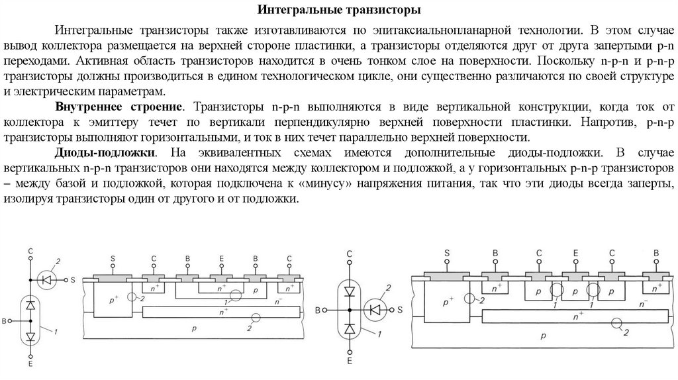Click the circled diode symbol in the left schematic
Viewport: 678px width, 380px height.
tap(47, 279)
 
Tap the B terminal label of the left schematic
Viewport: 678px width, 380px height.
tap(6, 321)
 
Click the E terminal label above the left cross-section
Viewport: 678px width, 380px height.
tap(220, 259)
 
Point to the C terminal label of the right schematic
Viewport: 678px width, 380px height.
tap(350, 254)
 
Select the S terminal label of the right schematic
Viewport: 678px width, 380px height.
tap(401, 310)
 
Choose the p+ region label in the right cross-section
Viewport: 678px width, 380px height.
tap(451, 300)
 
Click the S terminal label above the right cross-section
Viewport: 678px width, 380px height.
tap(447, 253)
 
